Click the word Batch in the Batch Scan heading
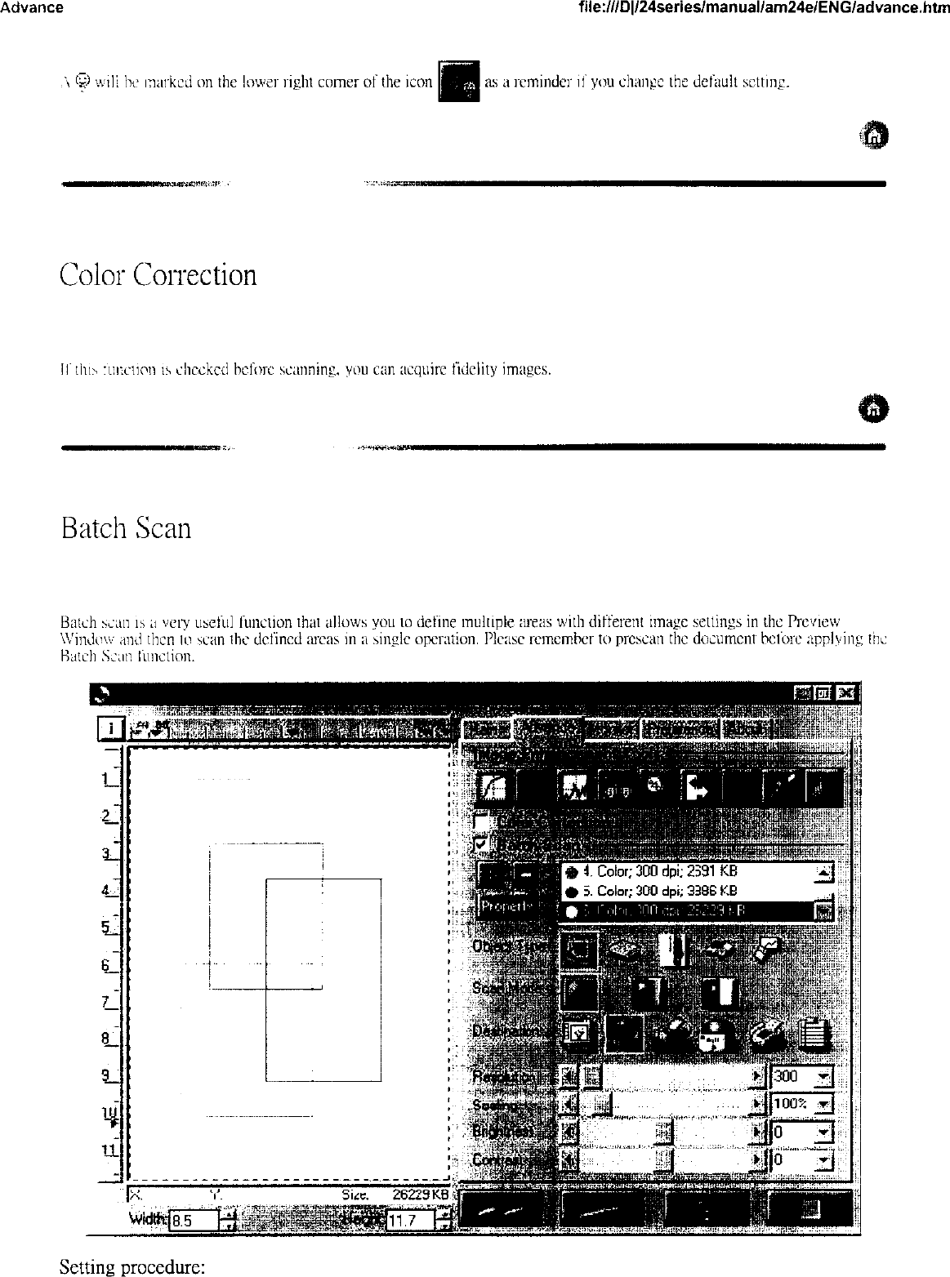coord(94,528)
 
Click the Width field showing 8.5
coord(193,1221)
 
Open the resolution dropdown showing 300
coord(823,1077)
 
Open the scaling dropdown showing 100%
coord(823,1104)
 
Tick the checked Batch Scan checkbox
coord(483,843)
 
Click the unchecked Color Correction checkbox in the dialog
coord(483,819)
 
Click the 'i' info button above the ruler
coord(110,728)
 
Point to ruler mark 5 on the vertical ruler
coord(106,928)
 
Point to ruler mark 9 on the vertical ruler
coord(106,1076)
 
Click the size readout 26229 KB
coord(420,1194)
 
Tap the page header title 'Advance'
coord(32,7)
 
